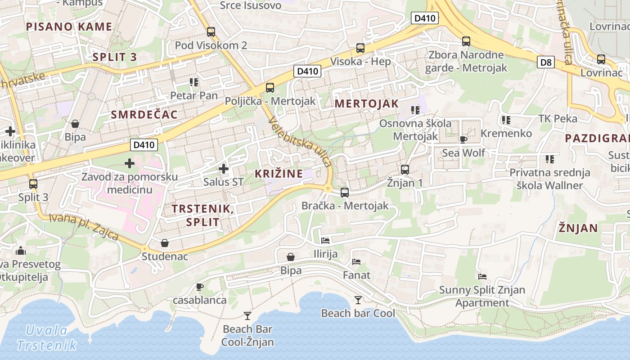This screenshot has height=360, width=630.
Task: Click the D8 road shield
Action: (x=545, y=62)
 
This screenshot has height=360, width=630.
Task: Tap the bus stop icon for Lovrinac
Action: (x=601, y=59)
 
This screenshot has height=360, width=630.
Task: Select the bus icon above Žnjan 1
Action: (x=405, y=170)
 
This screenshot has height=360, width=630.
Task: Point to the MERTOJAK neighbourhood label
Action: (x=366, y=103)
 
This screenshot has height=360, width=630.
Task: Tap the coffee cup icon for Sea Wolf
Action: (x=463, y=139)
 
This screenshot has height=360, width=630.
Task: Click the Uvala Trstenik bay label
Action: (x=47, y=338)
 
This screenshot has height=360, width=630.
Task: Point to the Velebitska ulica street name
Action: (x=300, y=141)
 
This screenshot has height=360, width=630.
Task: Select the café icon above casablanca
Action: (x=200, y=287)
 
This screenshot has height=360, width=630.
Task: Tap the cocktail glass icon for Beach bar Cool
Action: (x=358, y=300)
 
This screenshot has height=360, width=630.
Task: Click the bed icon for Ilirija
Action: (x=325, y=240)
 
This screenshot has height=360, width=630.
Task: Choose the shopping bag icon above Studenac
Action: (x=165, y=243)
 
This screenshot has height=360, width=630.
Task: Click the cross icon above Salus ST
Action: (x=223, y=169)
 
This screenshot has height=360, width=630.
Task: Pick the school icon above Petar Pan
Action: (x=194, y=82)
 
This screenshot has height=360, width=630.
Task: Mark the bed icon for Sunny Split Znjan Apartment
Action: (x=482, y=276)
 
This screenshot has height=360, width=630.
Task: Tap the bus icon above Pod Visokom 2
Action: (x=211, y=32)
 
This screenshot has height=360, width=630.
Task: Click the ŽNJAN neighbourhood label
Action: (x=578, y=228)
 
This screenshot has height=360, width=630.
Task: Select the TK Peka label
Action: (x=558, y=119)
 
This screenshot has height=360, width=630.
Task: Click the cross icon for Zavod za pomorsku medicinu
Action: (x=130, y=163)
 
